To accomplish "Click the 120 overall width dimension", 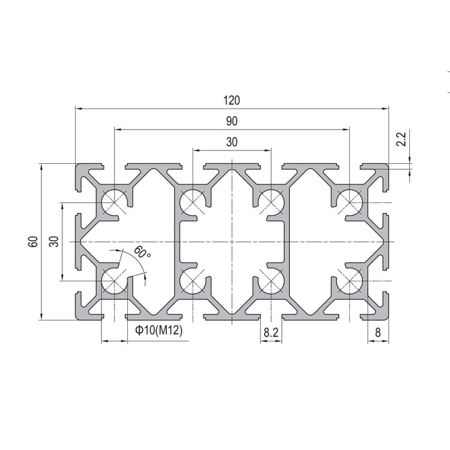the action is (x=232, y=100).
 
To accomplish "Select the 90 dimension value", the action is (x=232, y=121).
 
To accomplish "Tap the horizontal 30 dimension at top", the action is (x=232, y=142).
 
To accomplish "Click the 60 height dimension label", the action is (x=33, y=242).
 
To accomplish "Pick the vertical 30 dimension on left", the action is (x=54, y=242).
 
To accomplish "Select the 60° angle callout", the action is (x=142, y=252).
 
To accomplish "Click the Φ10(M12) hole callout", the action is (x=159, y=331).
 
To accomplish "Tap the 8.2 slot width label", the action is (x=271, y=332).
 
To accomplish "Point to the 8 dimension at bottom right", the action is (x=377, y=332).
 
